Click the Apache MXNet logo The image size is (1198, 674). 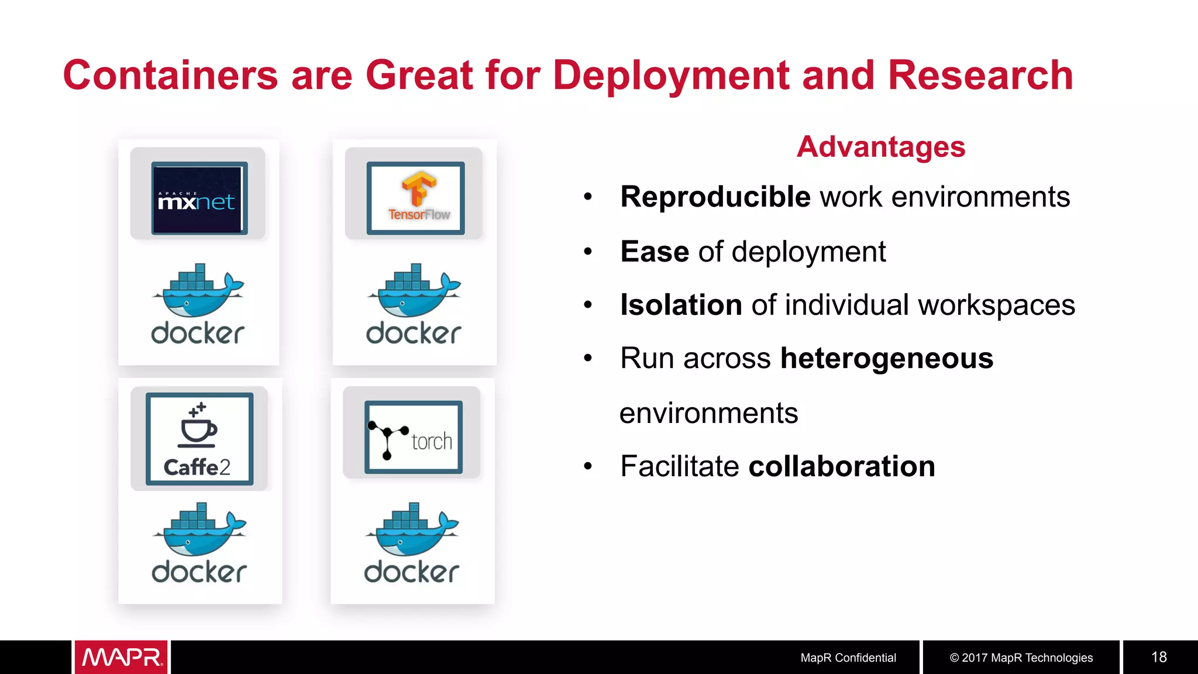pyautogui.click(x=198, y=199)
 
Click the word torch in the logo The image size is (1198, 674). pyautogui.click(x=432, y=442)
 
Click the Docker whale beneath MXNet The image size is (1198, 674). pyautogui.click(x=198, y=291)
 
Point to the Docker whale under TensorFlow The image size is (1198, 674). pyautogui.click(x=414, y=291)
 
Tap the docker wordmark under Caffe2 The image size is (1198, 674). pyautogui.click(x=199, y=572)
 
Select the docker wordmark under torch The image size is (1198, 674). pyautogui.click(x=412, y=572)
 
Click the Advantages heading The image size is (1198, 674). pyautogui.click(x=880, y=147)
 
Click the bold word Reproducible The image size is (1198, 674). pyautogui.click(x=715, y=197)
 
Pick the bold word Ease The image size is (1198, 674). pyautogui.click(x=655, y=252)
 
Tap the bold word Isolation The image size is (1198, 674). pyautogui.click(x=681, y=305)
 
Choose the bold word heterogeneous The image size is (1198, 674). pyautogui.click(x=886, y=358)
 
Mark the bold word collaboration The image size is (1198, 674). pyautogui.click(x=841, y=466)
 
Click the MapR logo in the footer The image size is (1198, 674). pyautogui.click(x=121, y=657)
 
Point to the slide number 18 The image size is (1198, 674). pyautogui.click(x=1159, y=657)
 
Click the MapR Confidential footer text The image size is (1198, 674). pyautogui.click(x=848, y=658)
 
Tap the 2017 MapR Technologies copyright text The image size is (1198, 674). pyautogui.click(x=1021, y=658)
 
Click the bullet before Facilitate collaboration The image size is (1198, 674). pyautogui.click(x=588, y=466)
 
